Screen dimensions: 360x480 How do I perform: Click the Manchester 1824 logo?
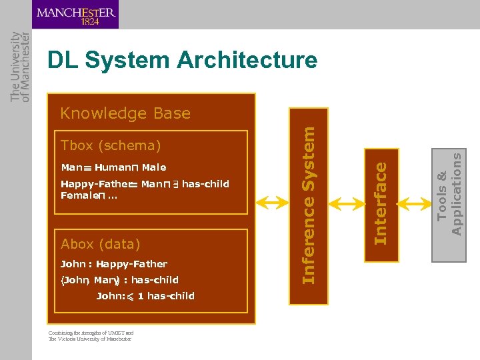coord(75,15)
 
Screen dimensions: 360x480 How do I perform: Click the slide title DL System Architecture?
coord(182,61)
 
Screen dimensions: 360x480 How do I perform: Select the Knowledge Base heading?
coord(125,113)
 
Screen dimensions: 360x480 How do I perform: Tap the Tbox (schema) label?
coord(111,145)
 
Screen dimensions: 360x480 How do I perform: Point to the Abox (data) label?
coord(101,244)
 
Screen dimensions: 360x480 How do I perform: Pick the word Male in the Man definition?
coord(154,167)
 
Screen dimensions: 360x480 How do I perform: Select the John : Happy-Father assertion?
coord(114,264)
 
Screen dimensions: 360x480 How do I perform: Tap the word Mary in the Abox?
coord(105,280)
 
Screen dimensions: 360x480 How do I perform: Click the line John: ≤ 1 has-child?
coord(145,296)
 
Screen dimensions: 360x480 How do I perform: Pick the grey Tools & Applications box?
coord(449,193)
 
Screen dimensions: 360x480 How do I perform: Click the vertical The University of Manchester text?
coord(20,67)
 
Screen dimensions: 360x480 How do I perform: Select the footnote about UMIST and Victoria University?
coord(91,336)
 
